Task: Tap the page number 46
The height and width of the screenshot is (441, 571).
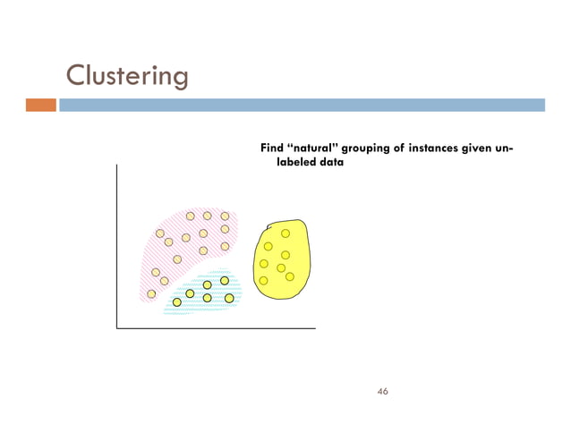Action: click(x=383, y=391)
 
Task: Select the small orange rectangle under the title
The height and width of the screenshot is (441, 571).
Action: click(x=40, y=105)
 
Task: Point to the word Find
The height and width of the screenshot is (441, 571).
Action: click(x=271, y=148)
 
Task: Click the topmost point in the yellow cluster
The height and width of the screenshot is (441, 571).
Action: click(x=285, y=233)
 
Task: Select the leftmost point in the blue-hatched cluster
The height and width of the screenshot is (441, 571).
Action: click(x=177, y=302)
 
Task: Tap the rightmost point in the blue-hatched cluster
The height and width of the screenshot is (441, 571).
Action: click(x=229, y=298)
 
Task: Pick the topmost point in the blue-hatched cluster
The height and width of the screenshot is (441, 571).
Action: click(x=225, y=281)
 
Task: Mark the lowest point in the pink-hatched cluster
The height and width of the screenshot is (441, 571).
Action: click(x=151, y=293)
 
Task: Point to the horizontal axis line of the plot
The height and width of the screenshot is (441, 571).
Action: click(x=216, y=328)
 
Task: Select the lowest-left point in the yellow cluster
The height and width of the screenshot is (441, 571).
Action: click(x=263, y=281)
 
